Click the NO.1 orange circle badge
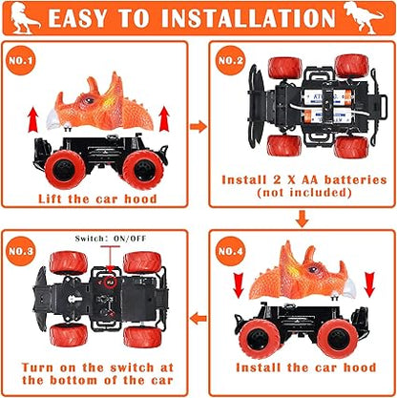(x=21, y=60)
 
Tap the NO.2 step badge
(x=231, y=60)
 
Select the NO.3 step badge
(x=21, y=251)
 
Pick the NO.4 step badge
(x=231, y=251)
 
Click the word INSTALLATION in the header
(x=248, y=18)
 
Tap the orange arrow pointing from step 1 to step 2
(x=198, y=127)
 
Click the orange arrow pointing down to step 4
(x=302, y=219)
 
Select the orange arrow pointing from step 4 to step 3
(x=198, y=318)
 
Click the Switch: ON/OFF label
(x=111, y=239)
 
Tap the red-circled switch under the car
(x=110, y=282)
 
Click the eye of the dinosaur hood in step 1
(x=90, y=101)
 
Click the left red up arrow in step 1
(x=32, y=119)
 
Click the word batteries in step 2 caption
(x=355, y=179)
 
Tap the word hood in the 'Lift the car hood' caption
(x=140, y=199)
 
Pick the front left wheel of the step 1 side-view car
(x=65, y=170)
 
